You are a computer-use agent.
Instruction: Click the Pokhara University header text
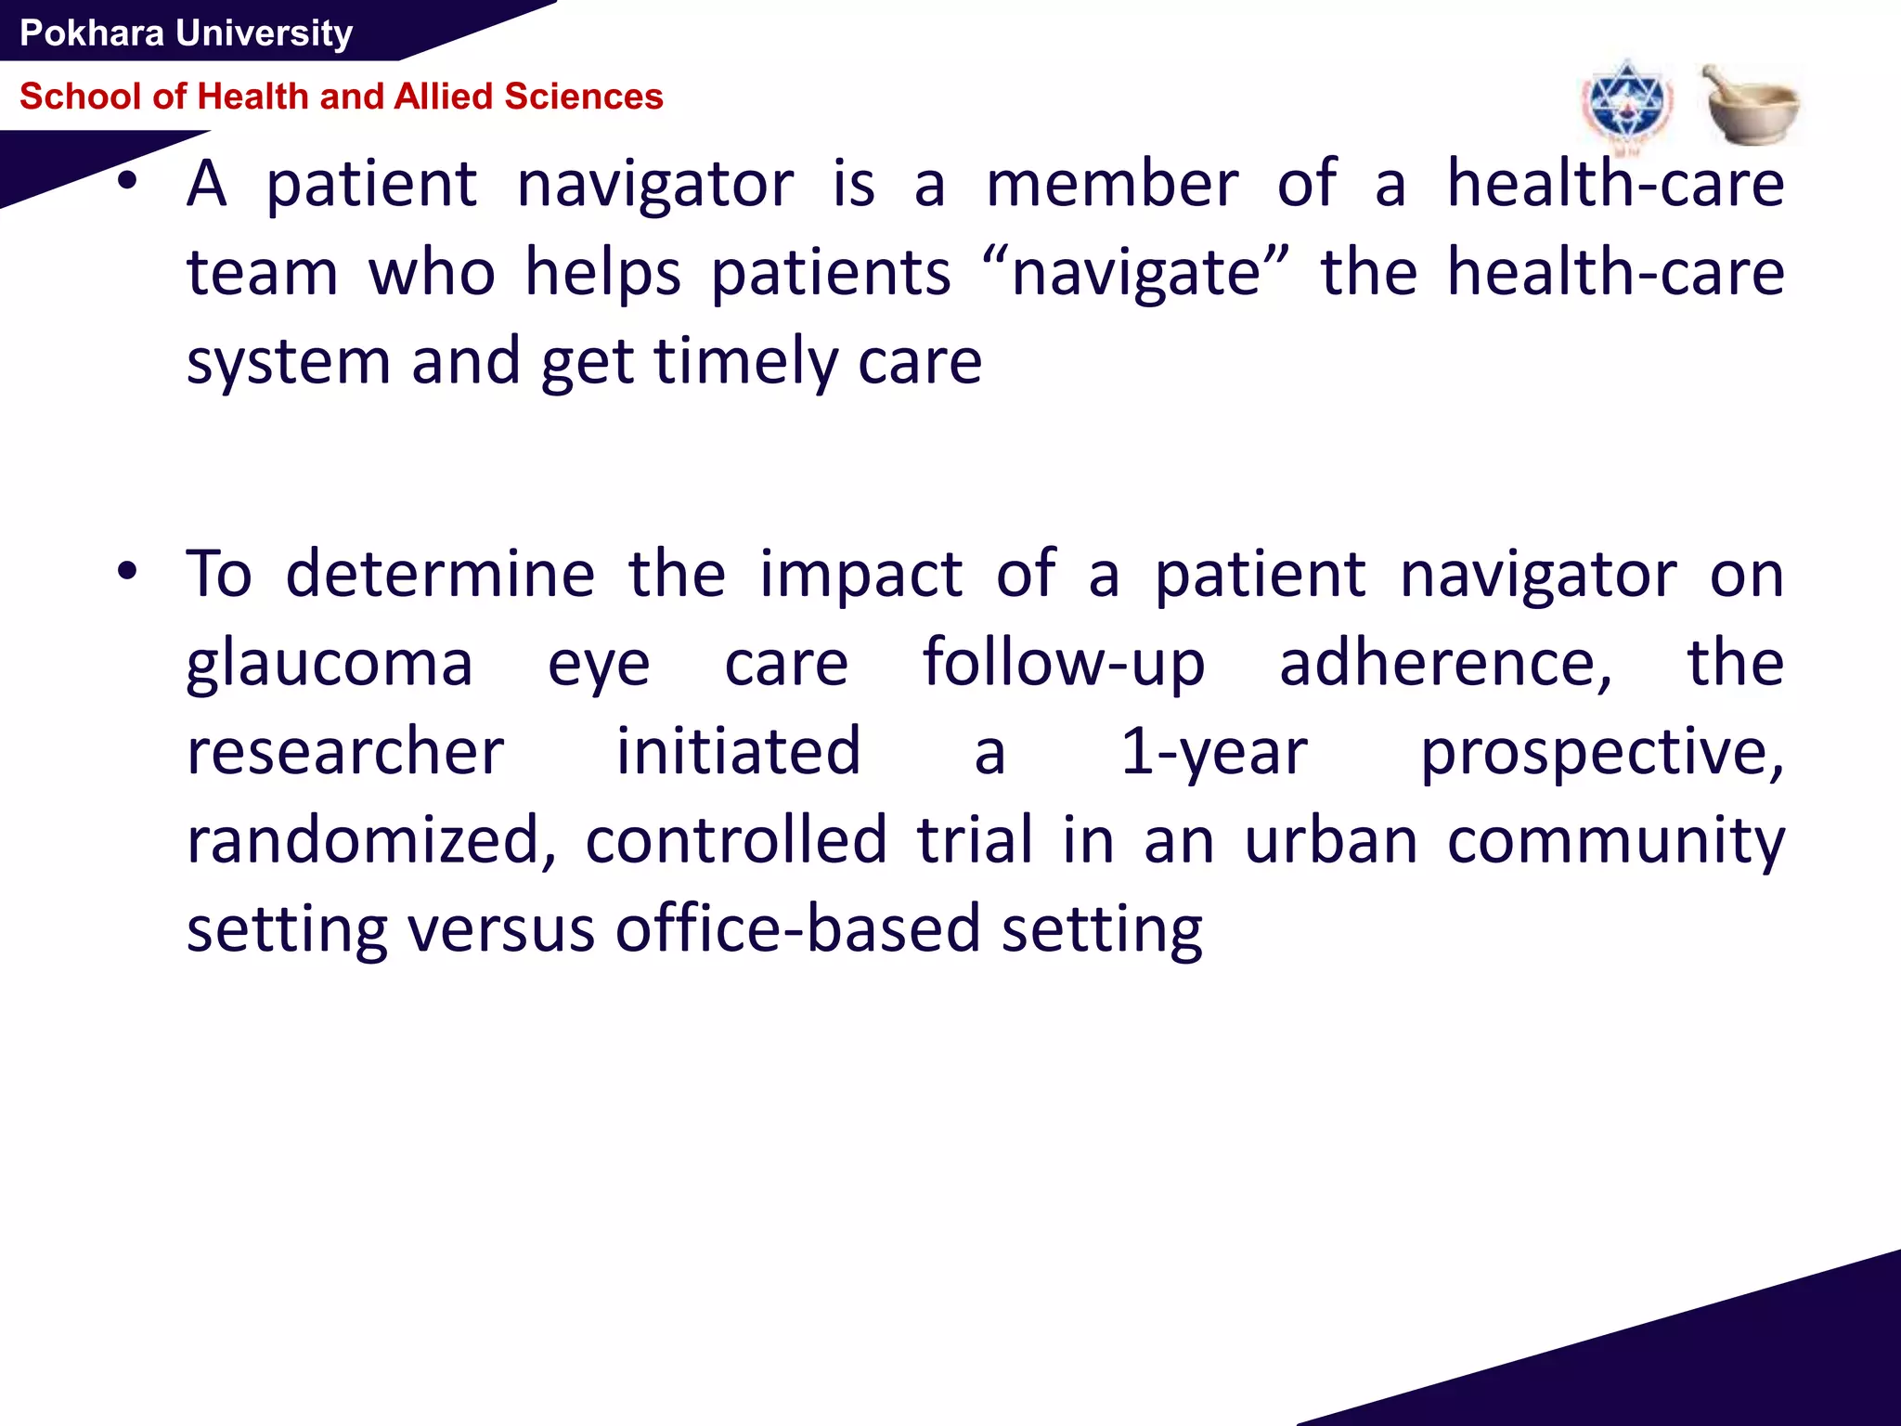tap(186, 33)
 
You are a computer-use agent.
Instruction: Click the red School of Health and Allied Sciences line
tap(341, 97)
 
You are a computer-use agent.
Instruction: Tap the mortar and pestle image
tap(1750, 105)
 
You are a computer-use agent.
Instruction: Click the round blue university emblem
tap(1626, 104)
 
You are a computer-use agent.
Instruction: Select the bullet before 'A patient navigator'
tap(127, 181)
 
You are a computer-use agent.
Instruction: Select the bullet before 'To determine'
tap(127, 571)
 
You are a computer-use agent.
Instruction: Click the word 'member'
tap(1112, 184)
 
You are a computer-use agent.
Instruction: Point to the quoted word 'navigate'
tap(1135, 274)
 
